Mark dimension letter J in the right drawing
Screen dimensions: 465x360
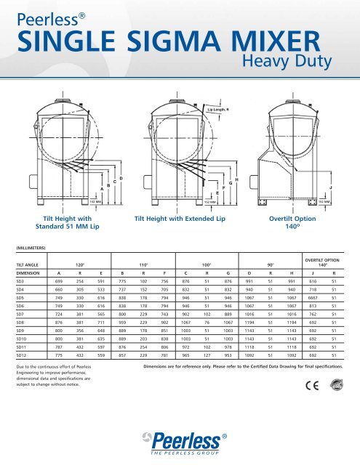tap(331, 188)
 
